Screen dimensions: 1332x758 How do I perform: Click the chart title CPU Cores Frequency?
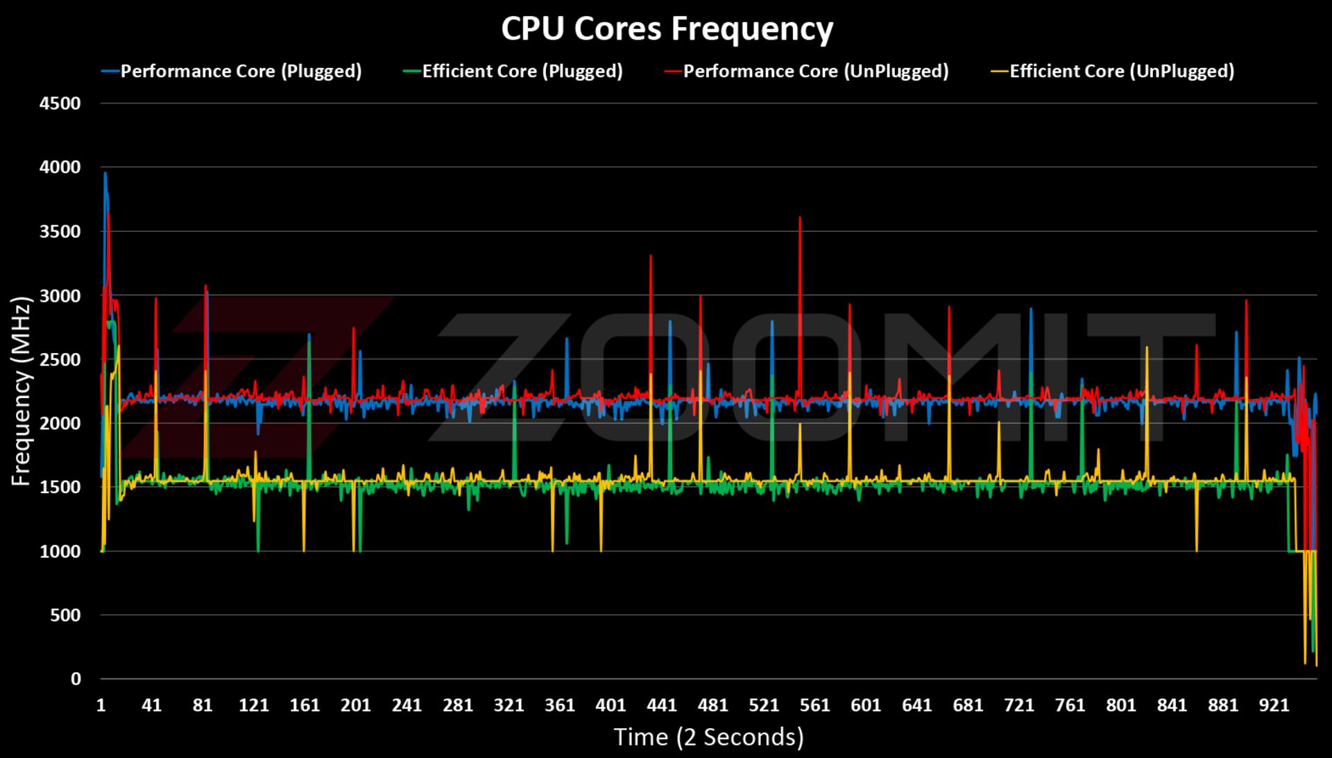(667, 29)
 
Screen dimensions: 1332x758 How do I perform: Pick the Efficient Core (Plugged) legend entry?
(513, 71)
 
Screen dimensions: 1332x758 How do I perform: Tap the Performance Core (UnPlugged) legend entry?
(806, 71)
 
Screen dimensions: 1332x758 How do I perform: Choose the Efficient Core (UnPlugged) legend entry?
(1112, 71)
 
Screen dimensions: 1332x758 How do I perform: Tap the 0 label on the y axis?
(76, 679)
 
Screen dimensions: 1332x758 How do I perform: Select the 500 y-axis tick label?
(66, 615)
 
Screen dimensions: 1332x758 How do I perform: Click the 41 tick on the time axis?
(152, 705)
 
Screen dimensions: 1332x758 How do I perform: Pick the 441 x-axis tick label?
(662, 705)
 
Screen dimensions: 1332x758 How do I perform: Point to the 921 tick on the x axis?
(1274, 705)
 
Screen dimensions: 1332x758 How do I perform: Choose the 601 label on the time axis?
(866, 705)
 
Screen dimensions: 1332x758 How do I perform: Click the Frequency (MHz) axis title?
(22, 391)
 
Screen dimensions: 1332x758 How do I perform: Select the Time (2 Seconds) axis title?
(708, 737)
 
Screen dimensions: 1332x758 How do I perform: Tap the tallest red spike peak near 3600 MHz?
(800, 217)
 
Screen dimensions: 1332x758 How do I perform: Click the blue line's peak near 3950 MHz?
(105, 173)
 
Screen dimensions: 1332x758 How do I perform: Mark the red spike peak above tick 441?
(650, 256)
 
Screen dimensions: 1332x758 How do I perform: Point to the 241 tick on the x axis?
(407, 705)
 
